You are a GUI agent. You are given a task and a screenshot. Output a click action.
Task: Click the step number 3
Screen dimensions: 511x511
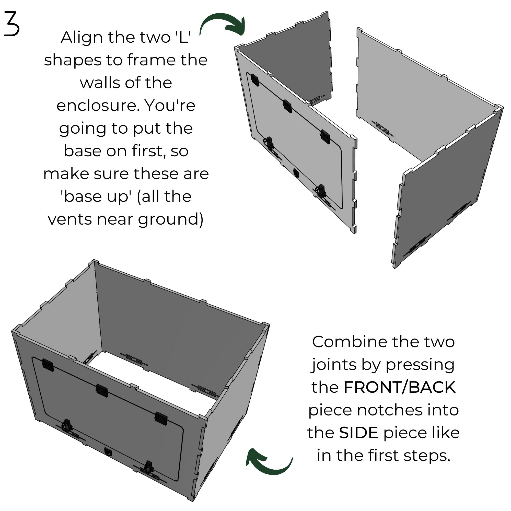coord(12,24)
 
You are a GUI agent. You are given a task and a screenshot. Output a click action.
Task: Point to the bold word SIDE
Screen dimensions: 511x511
coord(358,433)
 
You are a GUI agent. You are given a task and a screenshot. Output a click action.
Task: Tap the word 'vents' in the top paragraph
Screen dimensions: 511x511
coord(69,219)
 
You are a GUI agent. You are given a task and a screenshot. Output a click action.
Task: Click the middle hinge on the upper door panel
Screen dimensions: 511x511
coord(287,106)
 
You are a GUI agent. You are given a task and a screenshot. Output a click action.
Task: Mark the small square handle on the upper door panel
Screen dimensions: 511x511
coord(296,173)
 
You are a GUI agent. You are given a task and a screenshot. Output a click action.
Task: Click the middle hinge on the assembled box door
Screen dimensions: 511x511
coord(102,390)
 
